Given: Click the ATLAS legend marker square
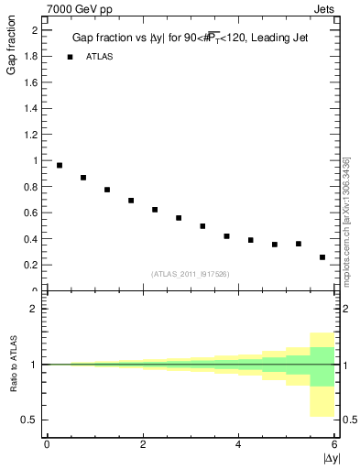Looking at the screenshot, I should (69, 57).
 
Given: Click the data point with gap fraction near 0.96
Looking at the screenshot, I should (60, 166).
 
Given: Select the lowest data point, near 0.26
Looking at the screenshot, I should (322, 257).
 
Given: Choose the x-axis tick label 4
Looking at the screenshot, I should (238, 444).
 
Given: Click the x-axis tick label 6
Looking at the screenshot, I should (333, 444).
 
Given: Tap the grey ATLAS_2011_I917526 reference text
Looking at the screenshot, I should (190, 274).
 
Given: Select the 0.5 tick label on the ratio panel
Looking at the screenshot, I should (29, 420).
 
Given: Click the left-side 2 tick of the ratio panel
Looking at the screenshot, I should (34, 309).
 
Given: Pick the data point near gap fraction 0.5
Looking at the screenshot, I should (202, 225).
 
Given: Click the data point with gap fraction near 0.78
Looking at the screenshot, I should (107, 190).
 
